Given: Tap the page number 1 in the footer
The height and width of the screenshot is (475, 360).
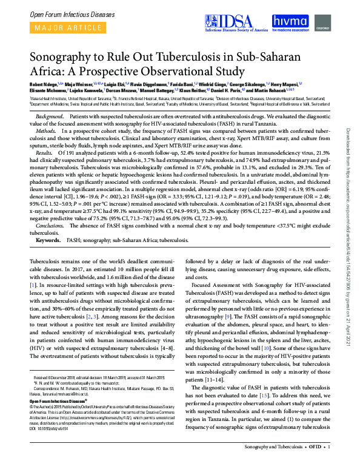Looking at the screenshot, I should pyautogui.click(x=328, y=465).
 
